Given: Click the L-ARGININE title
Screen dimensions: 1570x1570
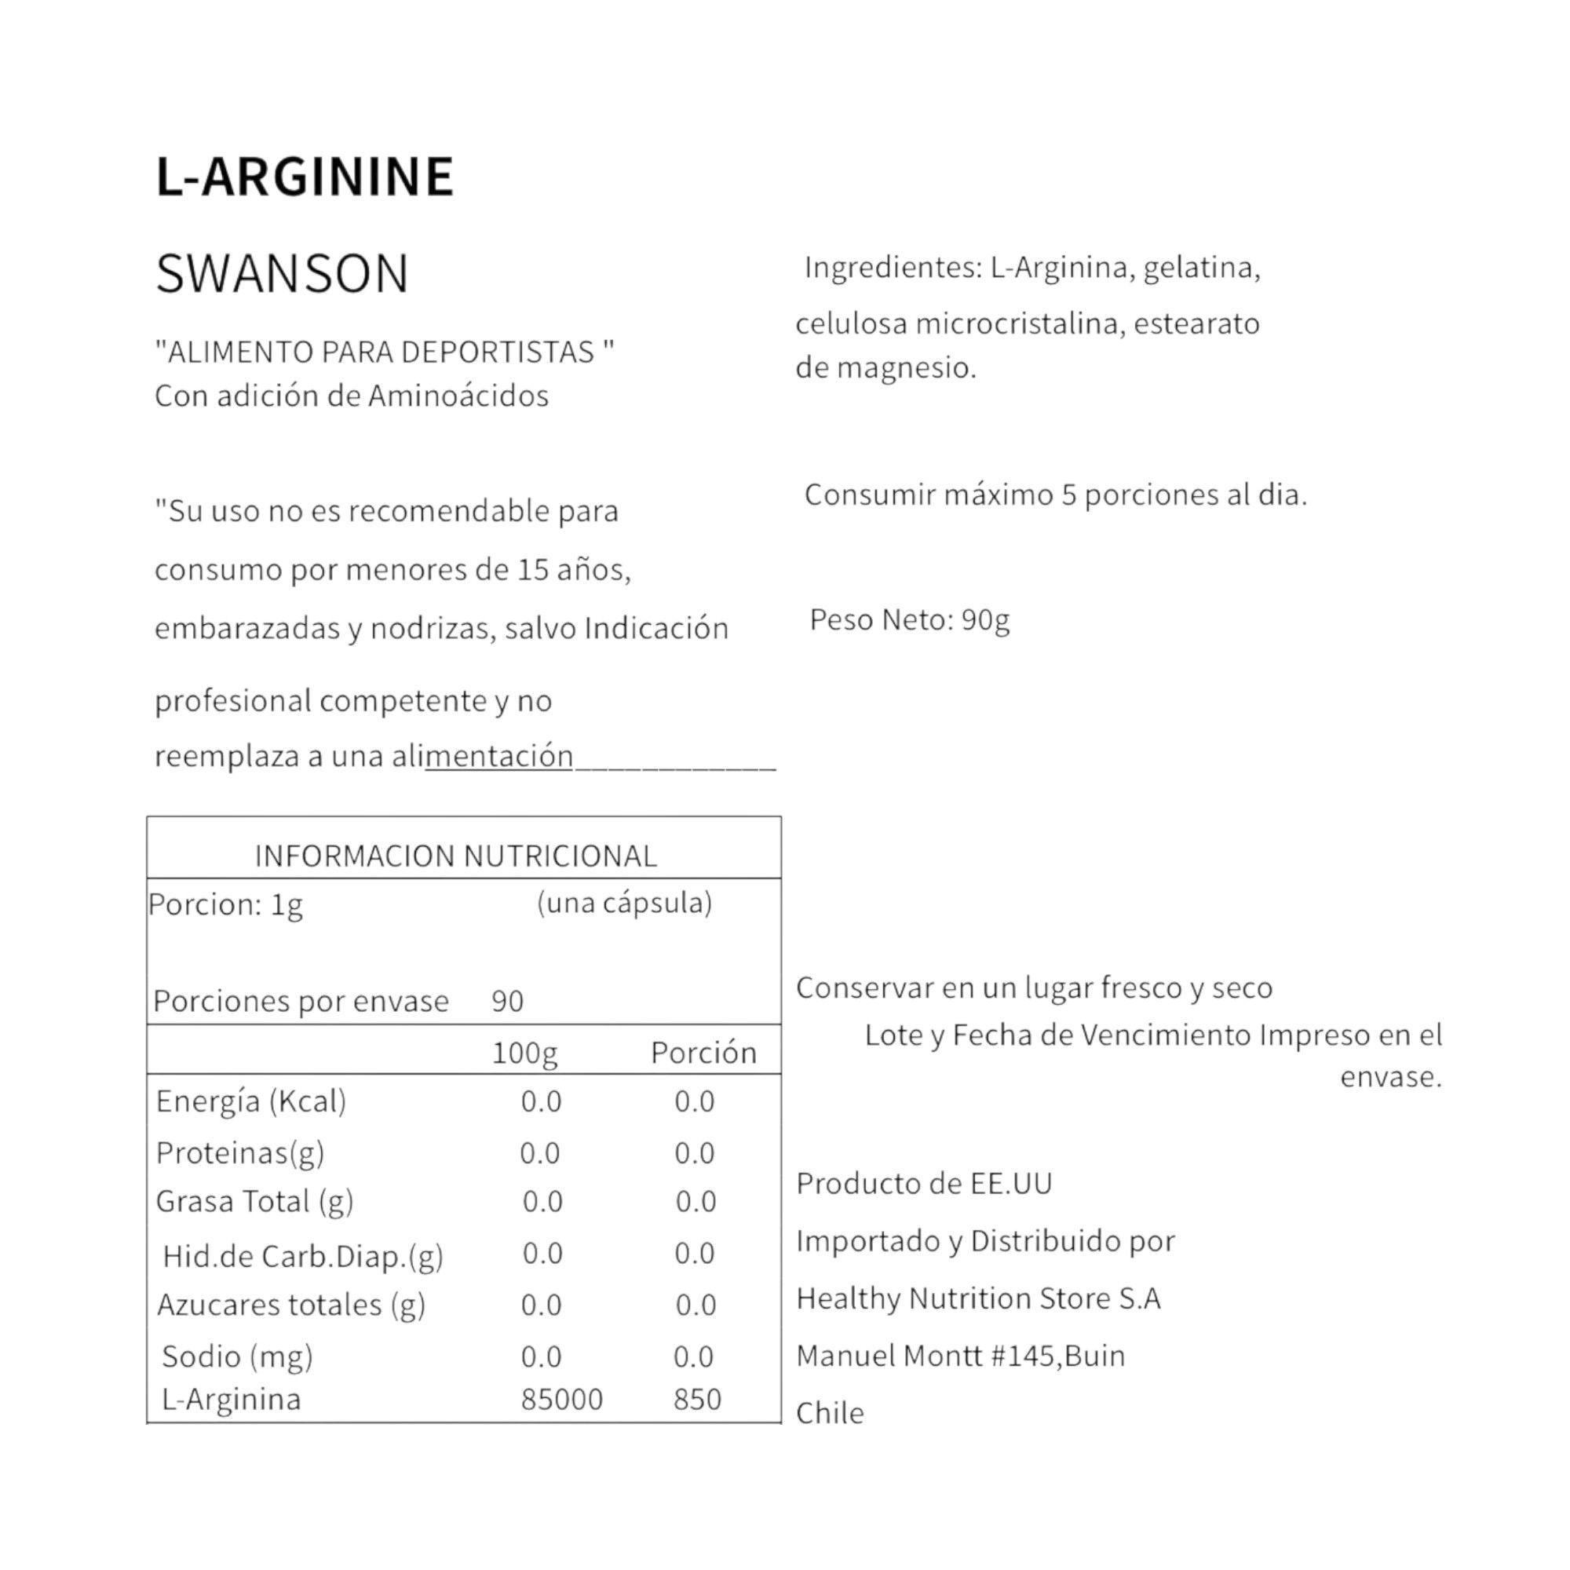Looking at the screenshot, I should (305, 177).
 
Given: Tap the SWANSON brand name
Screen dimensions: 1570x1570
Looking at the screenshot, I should (282, 274).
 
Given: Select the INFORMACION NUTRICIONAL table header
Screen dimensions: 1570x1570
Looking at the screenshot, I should (456, 856).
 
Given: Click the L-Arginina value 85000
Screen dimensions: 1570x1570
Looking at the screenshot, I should (561, 1400).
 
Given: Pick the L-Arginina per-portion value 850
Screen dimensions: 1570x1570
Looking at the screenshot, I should (697, 1400).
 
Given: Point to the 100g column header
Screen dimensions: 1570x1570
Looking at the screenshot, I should (524, 1053).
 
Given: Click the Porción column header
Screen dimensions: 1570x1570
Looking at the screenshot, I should (703, 1053).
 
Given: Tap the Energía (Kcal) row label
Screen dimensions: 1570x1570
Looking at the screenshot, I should (251, 1102).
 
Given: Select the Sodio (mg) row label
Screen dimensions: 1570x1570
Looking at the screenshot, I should (237, 1356).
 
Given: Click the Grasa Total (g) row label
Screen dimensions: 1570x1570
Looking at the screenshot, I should (254, 1202).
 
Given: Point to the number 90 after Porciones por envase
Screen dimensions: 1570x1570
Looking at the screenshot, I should (507, 1001).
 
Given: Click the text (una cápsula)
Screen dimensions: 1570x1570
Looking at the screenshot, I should (624, 903).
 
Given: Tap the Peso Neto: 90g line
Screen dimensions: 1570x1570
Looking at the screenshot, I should (909, 621).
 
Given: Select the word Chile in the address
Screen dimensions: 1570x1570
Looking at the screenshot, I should (830, 1413).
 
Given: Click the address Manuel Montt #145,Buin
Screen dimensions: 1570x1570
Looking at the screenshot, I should (961, 1356).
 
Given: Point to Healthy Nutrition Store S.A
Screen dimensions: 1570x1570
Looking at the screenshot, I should (978, 1298).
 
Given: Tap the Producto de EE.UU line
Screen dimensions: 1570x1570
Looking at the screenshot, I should (924, 1184).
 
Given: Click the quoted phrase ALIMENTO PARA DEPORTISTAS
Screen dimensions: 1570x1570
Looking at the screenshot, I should (385, 352).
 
